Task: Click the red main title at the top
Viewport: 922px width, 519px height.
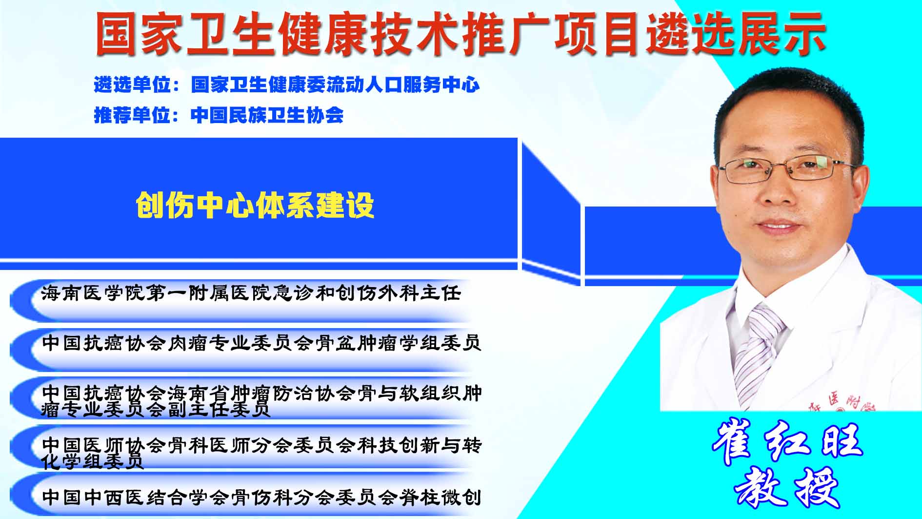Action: [x=461, y=33]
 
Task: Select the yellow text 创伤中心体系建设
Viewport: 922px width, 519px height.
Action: [x=255, y=205]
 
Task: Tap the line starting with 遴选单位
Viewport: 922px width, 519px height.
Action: [x=287, y=84]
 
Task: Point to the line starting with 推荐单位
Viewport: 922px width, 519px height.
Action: [x=219, y=115]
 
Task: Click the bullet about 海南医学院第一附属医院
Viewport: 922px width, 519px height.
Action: [x=251, y=293]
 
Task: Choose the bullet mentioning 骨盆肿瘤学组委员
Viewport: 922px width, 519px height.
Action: [x=261, y=343]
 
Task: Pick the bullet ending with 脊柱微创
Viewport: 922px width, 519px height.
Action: [x=261, y=497]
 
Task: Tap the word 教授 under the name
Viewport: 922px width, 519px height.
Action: [x=786, y=487]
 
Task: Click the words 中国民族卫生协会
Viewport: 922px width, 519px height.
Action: [x=267, y=115]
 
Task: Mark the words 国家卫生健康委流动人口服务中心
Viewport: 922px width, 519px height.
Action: [x=335, y=84]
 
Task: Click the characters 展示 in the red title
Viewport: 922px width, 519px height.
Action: [x=782, y=33]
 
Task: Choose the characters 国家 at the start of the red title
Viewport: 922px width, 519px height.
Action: [x=140, y=33]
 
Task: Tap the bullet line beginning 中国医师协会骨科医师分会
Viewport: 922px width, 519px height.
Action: [x=261, y=453]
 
